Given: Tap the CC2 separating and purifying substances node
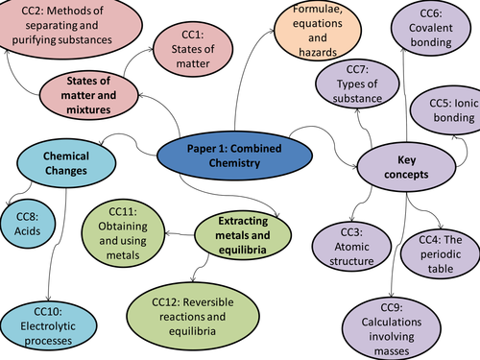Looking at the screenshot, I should coord(64,29).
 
